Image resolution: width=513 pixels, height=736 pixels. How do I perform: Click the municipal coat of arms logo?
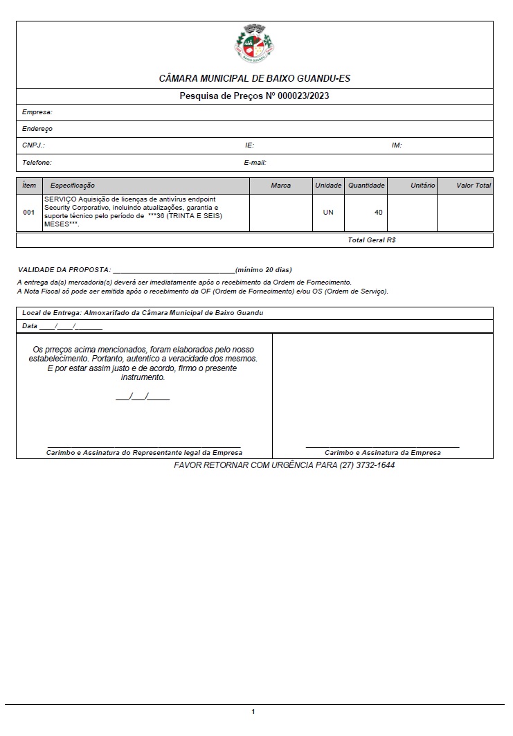(254, 44)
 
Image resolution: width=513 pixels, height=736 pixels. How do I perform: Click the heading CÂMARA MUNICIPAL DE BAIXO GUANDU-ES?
(255, 79)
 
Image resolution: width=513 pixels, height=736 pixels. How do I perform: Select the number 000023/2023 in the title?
(303, 96)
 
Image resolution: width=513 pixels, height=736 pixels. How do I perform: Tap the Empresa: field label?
(37, 112)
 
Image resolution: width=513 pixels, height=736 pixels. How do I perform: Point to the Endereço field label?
(37, 129)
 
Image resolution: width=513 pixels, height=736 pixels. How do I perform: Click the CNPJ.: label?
(33, 145)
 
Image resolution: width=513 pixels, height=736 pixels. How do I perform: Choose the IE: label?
(249, 145)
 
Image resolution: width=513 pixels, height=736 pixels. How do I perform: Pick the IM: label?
(397, 145)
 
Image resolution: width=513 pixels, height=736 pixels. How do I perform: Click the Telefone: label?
(37, 163)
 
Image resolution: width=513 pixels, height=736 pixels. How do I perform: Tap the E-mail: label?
(255, 163)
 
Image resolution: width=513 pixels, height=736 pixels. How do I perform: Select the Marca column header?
(281, 186)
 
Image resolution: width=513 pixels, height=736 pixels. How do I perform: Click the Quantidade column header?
(366, 186)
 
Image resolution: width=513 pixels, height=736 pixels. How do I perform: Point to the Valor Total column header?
(474, 186)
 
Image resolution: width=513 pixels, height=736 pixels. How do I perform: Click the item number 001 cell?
(28, 213)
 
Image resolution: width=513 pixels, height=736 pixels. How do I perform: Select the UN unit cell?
(328, 213)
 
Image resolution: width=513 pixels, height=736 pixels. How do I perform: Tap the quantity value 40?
(378, 213)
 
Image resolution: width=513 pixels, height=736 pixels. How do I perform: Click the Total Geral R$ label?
(372, 240)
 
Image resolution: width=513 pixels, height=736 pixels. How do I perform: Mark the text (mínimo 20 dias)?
(264, 269)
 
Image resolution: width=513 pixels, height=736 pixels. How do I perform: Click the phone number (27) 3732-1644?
(367, 465)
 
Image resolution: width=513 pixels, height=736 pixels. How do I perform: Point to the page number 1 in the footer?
(253, 712)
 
